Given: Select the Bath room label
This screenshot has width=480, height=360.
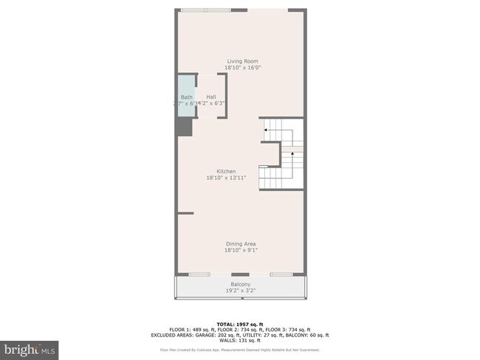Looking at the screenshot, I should click(186, 97).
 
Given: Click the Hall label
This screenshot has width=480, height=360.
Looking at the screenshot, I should click(211, 97).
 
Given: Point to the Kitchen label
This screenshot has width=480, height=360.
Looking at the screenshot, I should click(225, 171).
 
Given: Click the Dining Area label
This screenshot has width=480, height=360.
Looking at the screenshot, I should click(241, 243).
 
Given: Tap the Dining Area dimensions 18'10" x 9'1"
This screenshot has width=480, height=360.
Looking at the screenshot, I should click(241, 250).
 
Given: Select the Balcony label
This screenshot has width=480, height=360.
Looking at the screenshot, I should click(241, 284).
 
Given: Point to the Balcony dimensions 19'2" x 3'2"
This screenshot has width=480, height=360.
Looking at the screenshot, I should click(241, 291).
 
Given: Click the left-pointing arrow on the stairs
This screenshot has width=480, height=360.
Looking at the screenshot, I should click(266, 130).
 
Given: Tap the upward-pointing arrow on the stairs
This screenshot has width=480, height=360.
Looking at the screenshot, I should click(292, 154).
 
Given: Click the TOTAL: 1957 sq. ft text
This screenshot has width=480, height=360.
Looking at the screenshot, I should click(240, 324).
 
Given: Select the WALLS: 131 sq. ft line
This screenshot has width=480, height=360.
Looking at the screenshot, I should click(240, 341).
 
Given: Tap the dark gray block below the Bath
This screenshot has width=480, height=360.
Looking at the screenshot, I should click(184, 127).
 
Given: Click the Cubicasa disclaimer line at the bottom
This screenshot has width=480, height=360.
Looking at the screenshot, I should click(240, 350).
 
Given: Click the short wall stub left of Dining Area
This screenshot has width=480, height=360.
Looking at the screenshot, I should click(185, 213).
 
